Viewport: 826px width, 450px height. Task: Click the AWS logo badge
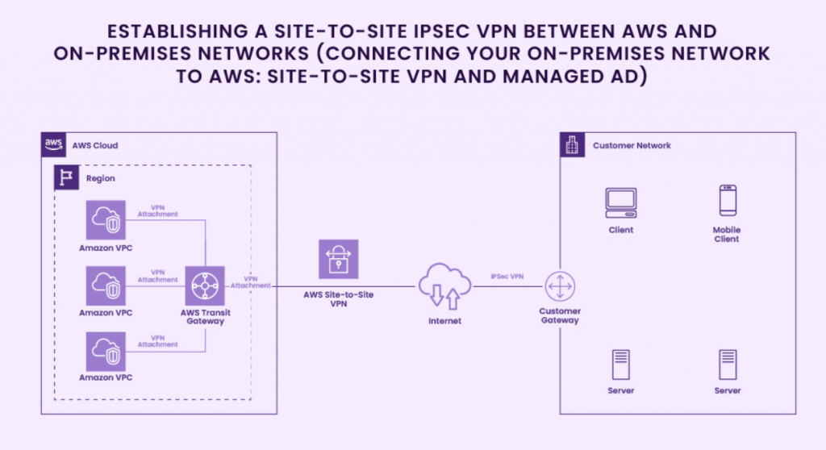tap(54, 144)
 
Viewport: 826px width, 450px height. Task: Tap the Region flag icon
tap(66, 177)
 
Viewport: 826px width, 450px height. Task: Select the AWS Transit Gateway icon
tap(205, 286)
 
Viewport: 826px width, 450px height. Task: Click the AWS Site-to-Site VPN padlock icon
tap(338, 260)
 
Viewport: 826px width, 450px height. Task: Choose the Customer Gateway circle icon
tap(559, 287)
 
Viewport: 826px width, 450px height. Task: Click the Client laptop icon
tap(621, 202)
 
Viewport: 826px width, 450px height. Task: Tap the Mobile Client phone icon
tap(728, 201)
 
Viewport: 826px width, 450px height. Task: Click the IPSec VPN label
tap(507, 277)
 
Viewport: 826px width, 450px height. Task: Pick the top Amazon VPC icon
tap(106, 220)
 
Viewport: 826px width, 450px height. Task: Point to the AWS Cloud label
tap(95, 145)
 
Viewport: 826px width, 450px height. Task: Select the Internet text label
tap(444, 321)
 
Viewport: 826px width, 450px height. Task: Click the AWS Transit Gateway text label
tap(205, 316)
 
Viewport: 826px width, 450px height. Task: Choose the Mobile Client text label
tap(727, 234)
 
